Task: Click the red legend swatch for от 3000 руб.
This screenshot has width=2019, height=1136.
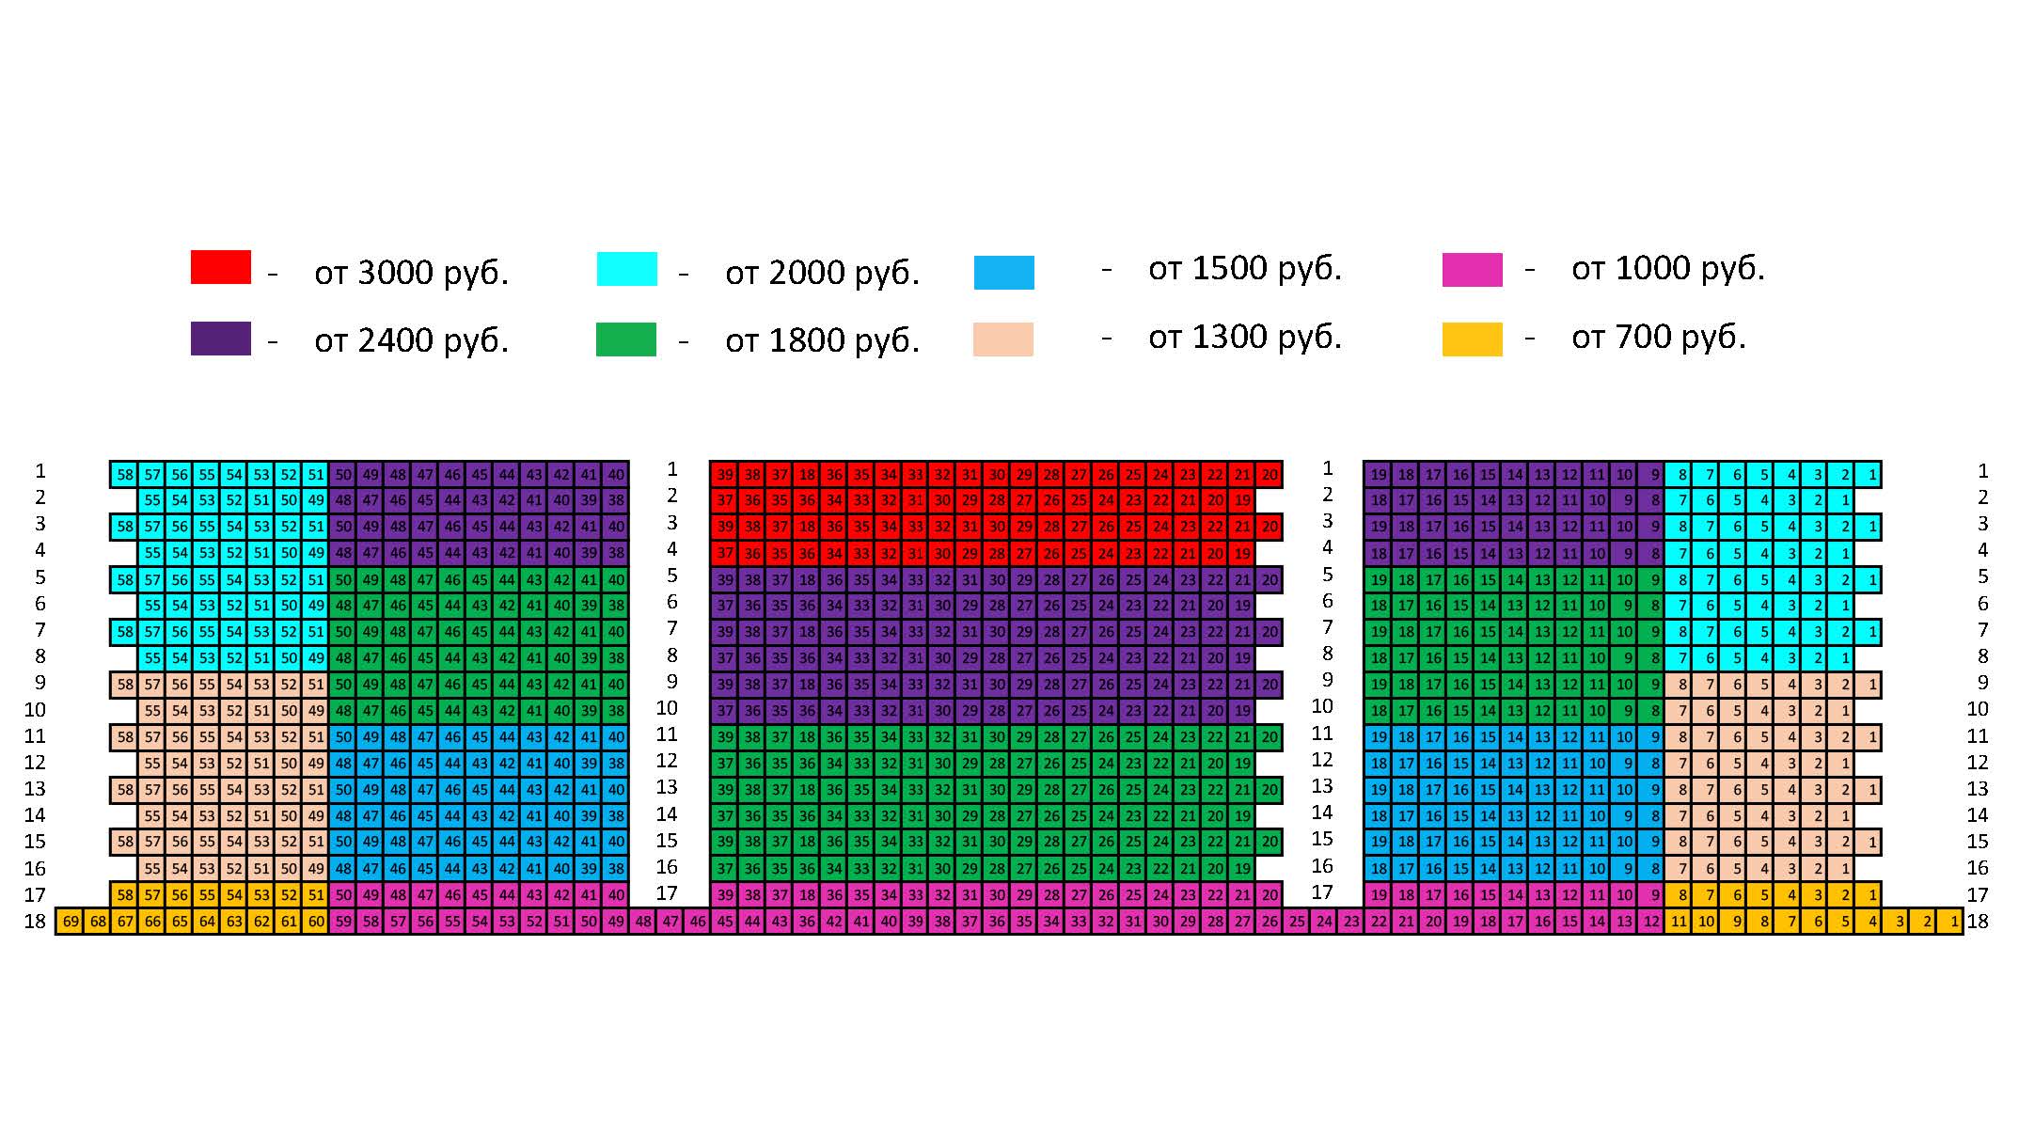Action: click(220, 267)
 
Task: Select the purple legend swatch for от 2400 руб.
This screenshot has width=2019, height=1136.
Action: click(220, 339)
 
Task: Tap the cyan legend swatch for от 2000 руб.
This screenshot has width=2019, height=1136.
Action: click(626, 269)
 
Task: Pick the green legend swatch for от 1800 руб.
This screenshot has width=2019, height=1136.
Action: click(625, 339)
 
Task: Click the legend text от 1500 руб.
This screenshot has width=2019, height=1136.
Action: click(1244, 269)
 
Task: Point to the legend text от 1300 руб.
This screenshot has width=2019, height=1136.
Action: click(1244, 338)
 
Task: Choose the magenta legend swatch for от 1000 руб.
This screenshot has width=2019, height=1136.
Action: click(1472, 270)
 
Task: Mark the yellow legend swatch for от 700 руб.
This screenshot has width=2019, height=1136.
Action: click(1472, 339)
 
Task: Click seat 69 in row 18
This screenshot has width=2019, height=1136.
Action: click(71, 922)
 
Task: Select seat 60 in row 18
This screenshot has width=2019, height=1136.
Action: click(316, 922)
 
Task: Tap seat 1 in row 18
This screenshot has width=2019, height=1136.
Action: click(1954, 922)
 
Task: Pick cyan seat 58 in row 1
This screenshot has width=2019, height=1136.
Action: click(125, 475)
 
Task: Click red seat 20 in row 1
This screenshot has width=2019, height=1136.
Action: click(1270, 475)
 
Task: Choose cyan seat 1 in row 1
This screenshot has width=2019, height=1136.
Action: click(1872, 475)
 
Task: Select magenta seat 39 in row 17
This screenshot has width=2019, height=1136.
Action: click(725, 895)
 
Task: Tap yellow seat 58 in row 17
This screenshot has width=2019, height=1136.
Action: click(125, 895)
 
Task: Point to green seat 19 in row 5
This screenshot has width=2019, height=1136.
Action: click(1379, 580)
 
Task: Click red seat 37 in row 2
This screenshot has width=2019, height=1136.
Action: click(725, 500)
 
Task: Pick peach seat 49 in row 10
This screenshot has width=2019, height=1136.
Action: click(316, 711)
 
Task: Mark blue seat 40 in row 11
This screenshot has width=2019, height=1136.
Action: click(616, 737)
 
